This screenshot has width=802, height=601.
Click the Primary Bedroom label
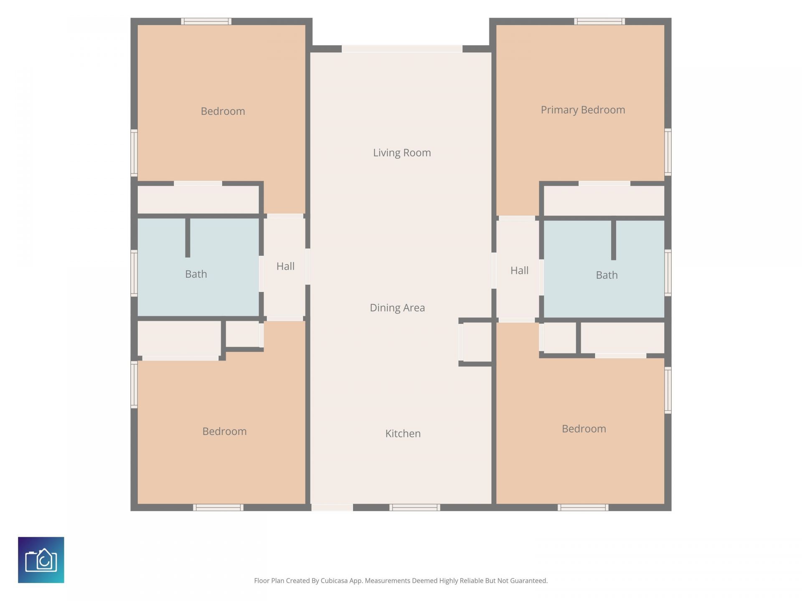pyautogui.click(x=583, y=110)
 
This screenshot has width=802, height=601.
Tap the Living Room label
pyautogui.click(x=402, y=153)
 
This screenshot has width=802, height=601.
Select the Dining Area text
pyautogui.click(x=397, y=308)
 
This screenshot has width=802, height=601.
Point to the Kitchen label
pyautogui.click(x=403, y=433)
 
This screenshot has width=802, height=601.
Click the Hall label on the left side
pyautogui.click(x=285, y=266)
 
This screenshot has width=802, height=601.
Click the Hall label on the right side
pyautogui.click(x=519, y=270)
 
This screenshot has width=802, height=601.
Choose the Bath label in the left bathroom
pyautogui.click(x=196, y=274)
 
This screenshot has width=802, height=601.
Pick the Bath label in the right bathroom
pyautogui.click(x=607, y=275)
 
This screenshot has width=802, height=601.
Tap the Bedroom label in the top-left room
pyautogui.click(x=223, y=111)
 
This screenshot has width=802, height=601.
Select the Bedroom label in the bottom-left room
pyautogui.click(x=224, y=431)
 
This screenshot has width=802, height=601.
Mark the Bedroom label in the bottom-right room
pyautogui.click(x=584, y=429)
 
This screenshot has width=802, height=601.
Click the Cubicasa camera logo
pyautogui.click(x=41, y=560)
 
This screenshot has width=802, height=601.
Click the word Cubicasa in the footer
pyautogui.click(x=334, y=581)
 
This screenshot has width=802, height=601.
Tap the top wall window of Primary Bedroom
pyautogui.click(x=599, y=21)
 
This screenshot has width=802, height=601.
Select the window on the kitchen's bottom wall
pyautogui.click(x=414, y=508)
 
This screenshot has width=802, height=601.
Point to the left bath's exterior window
pyautogui.click(x=134, y=273)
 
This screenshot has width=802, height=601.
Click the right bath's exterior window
pyautogui.click(x=668, y=273)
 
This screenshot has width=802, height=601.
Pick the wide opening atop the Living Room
pyautogui.click(x=402, y=49)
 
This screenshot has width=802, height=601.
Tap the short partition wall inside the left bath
pyautogui.click(x=188, y=237)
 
